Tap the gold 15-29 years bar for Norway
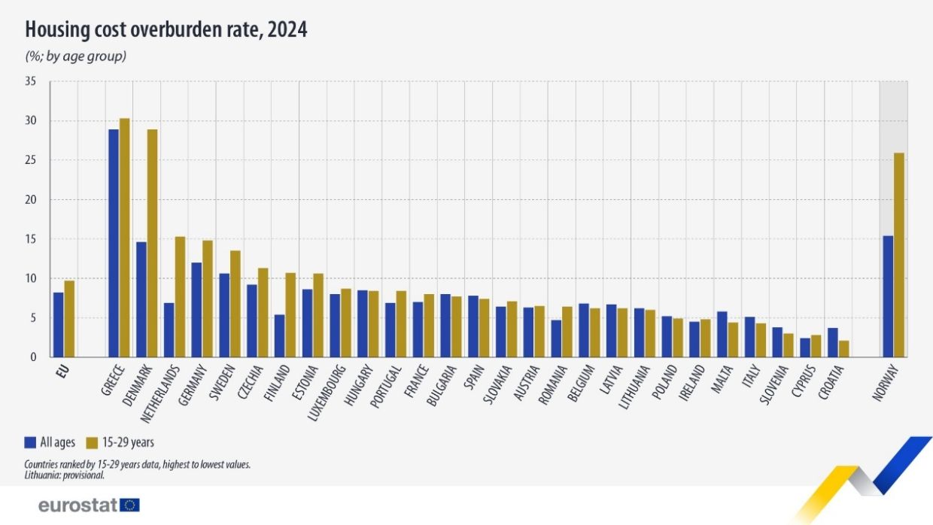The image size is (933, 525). point(898,255)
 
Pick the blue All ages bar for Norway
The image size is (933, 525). point(888,296)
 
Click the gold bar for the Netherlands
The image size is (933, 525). point(180,297)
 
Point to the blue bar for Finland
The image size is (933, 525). point(279,335)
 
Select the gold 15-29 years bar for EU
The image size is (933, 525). point(69,319)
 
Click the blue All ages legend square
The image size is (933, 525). point(30,442)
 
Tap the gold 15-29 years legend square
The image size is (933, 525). point(93,442)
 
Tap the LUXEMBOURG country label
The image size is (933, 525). point(324,391)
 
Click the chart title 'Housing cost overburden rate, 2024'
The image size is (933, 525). point(166,30)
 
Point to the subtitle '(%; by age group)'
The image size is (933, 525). point(75,56)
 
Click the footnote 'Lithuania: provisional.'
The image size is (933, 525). point(64,475)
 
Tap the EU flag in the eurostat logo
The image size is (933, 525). point(130,505)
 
